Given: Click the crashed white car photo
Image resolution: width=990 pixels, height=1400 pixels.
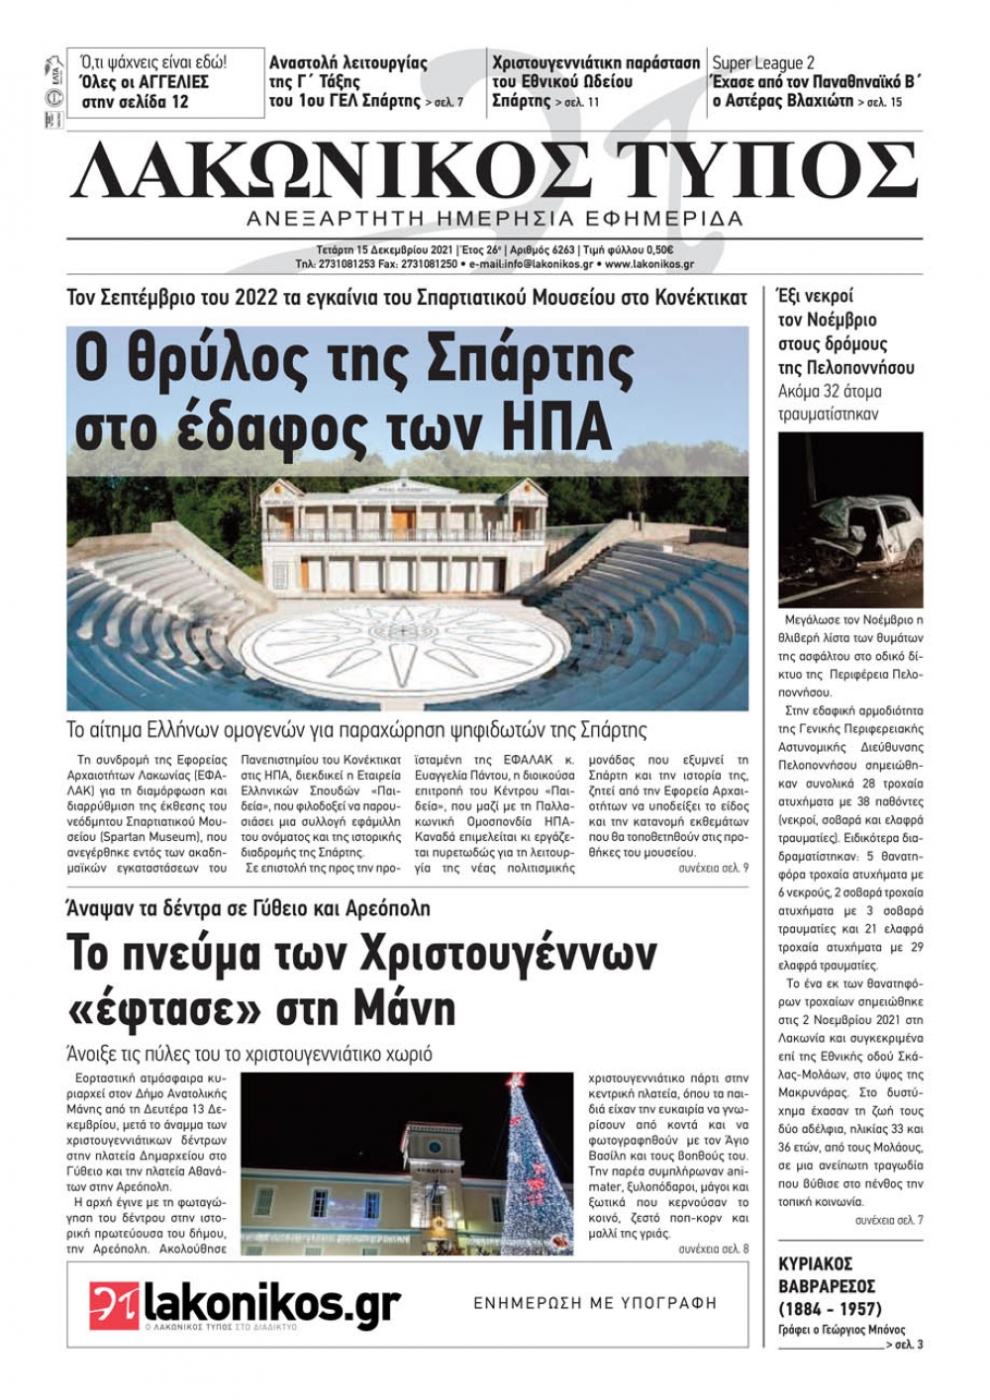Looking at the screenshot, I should coord(850,519).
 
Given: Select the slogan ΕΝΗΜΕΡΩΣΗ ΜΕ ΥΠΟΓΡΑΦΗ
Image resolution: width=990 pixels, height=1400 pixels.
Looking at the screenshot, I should coord(594,1303).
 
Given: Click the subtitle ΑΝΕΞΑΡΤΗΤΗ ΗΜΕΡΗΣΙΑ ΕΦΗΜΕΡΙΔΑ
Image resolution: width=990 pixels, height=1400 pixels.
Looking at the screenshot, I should coord(495,218).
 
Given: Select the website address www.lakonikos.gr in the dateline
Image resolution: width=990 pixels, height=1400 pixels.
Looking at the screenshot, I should coord(648,264).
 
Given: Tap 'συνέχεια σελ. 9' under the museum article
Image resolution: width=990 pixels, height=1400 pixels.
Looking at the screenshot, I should coord(713,868).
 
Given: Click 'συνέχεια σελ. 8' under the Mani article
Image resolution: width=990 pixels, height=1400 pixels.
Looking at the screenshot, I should coord(713,1250).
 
